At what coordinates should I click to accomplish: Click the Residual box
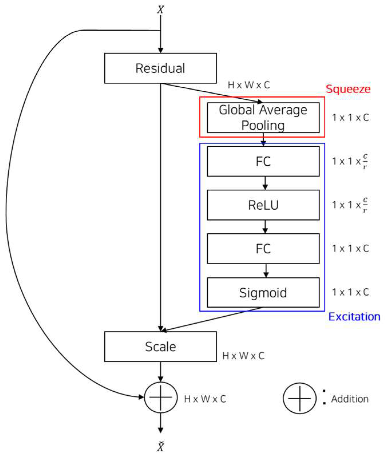point(160,68)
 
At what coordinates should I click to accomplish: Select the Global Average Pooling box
point(263,118)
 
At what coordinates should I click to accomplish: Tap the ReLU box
point(263,205)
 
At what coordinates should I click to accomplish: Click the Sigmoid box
point(263,292)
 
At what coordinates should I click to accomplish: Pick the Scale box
point(160,346)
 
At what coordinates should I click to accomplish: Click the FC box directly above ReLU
point(263,161)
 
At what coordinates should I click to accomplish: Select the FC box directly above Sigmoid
point(263,249)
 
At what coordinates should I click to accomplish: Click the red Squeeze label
point(348,89)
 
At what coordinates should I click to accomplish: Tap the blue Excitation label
point(354,317)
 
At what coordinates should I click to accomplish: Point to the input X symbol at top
point(160,9)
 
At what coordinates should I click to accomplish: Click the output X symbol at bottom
point(160,446)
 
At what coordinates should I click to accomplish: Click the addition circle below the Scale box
point(160,397)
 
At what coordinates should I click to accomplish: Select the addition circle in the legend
point(299,398)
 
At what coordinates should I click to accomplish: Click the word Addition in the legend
point(350,399)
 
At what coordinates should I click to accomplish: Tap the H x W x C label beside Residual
point(249,85)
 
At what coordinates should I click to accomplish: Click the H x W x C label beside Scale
point(243,356)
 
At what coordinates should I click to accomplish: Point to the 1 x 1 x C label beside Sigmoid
point(350,292)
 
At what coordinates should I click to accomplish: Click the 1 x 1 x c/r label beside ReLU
point(350,205)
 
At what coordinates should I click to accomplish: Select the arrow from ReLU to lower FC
point(265,227)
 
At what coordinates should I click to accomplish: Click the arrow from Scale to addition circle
point(160,372)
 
